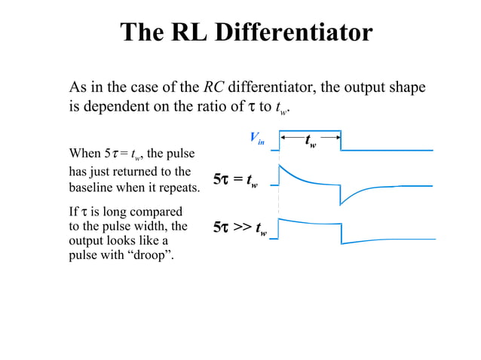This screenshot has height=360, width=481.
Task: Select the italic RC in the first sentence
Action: (x=213, y=87)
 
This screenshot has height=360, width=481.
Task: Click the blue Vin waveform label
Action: (x=257, y=138)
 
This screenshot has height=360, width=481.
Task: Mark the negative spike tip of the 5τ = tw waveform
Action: (x=341, y=204)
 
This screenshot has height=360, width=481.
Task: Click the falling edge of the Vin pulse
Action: (x=341, y=142)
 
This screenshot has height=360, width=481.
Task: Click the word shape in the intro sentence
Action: (x=408, y=87)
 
